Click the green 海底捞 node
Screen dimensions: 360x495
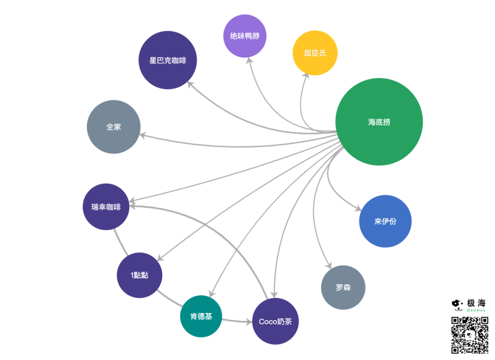tap(379, 122)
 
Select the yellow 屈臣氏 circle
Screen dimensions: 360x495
tap(315, 53)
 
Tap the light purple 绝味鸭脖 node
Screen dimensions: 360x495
tap(245, 36)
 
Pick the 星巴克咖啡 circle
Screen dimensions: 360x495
tap(168, 60)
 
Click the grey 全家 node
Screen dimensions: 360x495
tap(113, 127)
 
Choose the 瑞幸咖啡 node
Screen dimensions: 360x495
tap(106, 207)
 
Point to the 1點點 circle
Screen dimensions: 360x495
tap(139, 275)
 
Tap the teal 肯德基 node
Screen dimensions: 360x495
tap(201, 316)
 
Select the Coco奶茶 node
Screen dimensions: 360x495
tap(275, 321)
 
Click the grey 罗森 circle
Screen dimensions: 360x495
tap(343, 288)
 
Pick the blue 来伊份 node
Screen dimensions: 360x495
tap(385, 221)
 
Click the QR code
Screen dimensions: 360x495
tap(469, 334)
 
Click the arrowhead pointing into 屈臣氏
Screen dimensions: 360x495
tap(306, 76)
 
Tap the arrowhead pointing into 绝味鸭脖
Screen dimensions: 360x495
tap(248, 61)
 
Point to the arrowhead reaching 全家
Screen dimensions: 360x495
tap(143, 136)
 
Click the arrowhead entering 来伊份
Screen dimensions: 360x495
tap(357, 209)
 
